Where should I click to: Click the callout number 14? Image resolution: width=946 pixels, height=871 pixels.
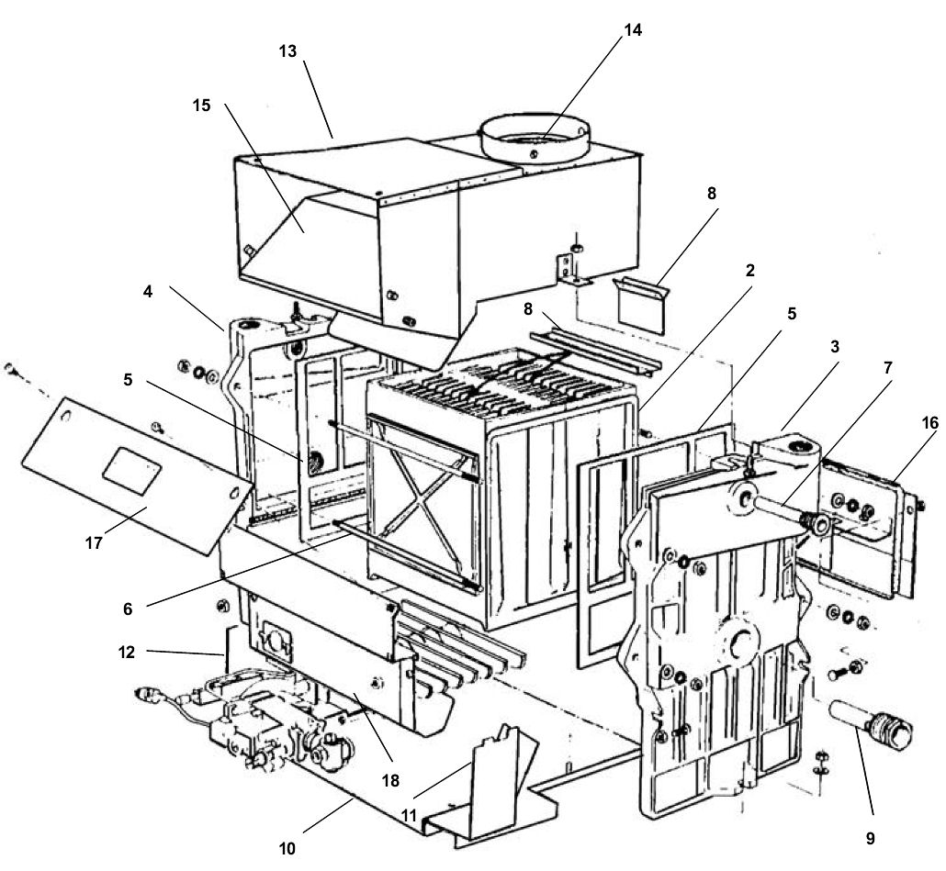[x=633, y=29]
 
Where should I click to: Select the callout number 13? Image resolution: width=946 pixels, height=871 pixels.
[x=287, y=51]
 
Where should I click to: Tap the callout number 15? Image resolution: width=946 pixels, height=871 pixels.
[x=201, y=106]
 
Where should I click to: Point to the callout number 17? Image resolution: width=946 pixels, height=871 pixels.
[x=94, y=543]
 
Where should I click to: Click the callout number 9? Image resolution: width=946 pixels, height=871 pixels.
[x=870, y=838]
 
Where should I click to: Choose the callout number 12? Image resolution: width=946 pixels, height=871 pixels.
[x=126, y=653]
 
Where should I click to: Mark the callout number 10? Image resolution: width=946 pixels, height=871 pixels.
[x=287, y=849]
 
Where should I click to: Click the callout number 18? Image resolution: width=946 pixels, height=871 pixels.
[x=390, y=780]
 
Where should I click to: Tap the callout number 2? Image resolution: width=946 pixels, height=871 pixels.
[x=749, y=271]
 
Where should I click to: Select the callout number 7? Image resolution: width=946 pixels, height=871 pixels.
[x=887, y=368]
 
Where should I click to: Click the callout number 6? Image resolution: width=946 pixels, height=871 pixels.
[x=128, y=609]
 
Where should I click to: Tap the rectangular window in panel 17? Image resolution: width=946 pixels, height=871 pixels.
[x=131, y=471]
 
